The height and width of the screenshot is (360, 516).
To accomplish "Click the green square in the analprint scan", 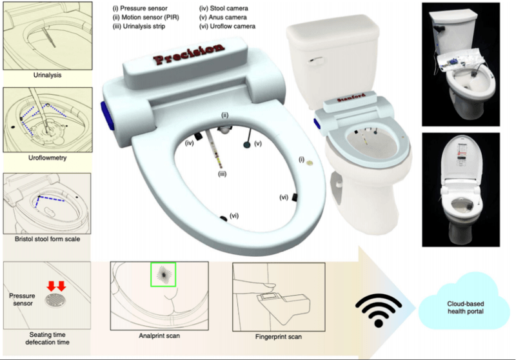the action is [x=163, y=274].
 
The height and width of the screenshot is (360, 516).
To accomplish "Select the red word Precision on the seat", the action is [x=188, y=54].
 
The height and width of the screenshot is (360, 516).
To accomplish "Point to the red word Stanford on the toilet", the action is [x=351, y=97].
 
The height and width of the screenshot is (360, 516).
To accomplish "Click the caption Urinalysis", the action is [x=47, y=75].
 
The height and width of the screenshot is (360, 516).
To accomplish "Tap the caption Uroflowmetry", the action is [x=47, y=157].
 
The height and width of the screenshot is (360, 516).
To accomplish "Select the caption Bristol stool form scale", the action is [x=47, y=239].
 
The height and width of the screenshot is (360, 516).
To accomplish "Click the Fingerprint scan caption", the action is [x=279, y=337].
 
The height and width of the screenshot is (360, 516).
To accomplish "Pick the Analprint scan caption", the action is [x=159, y=336].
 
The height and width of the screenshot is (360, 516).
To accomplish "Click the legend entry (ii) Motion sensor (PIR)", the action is [x=146, y=17].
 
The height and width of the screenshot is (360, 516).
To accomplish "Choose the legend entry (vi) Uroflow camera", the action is [x=227, y=26].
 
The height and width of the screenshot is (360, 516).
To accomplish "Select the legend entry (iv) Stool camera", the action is [x=223, y=8].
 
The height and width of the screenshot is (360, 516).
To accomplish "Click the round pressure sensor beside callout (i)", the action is [x=310, y=163].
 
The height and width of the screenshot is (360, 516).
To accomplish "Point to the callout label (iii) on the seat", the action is [x=222, y=174].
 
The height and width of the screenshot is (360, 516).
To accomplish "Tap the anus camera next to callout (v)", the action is [x=247, y=145].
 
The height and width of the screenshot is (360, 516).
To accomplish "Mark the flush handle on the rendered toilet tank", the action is [x=315, y=61].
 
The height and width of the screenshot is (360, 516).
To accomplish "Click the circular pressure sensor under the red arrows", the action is [x=55, y=301].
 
